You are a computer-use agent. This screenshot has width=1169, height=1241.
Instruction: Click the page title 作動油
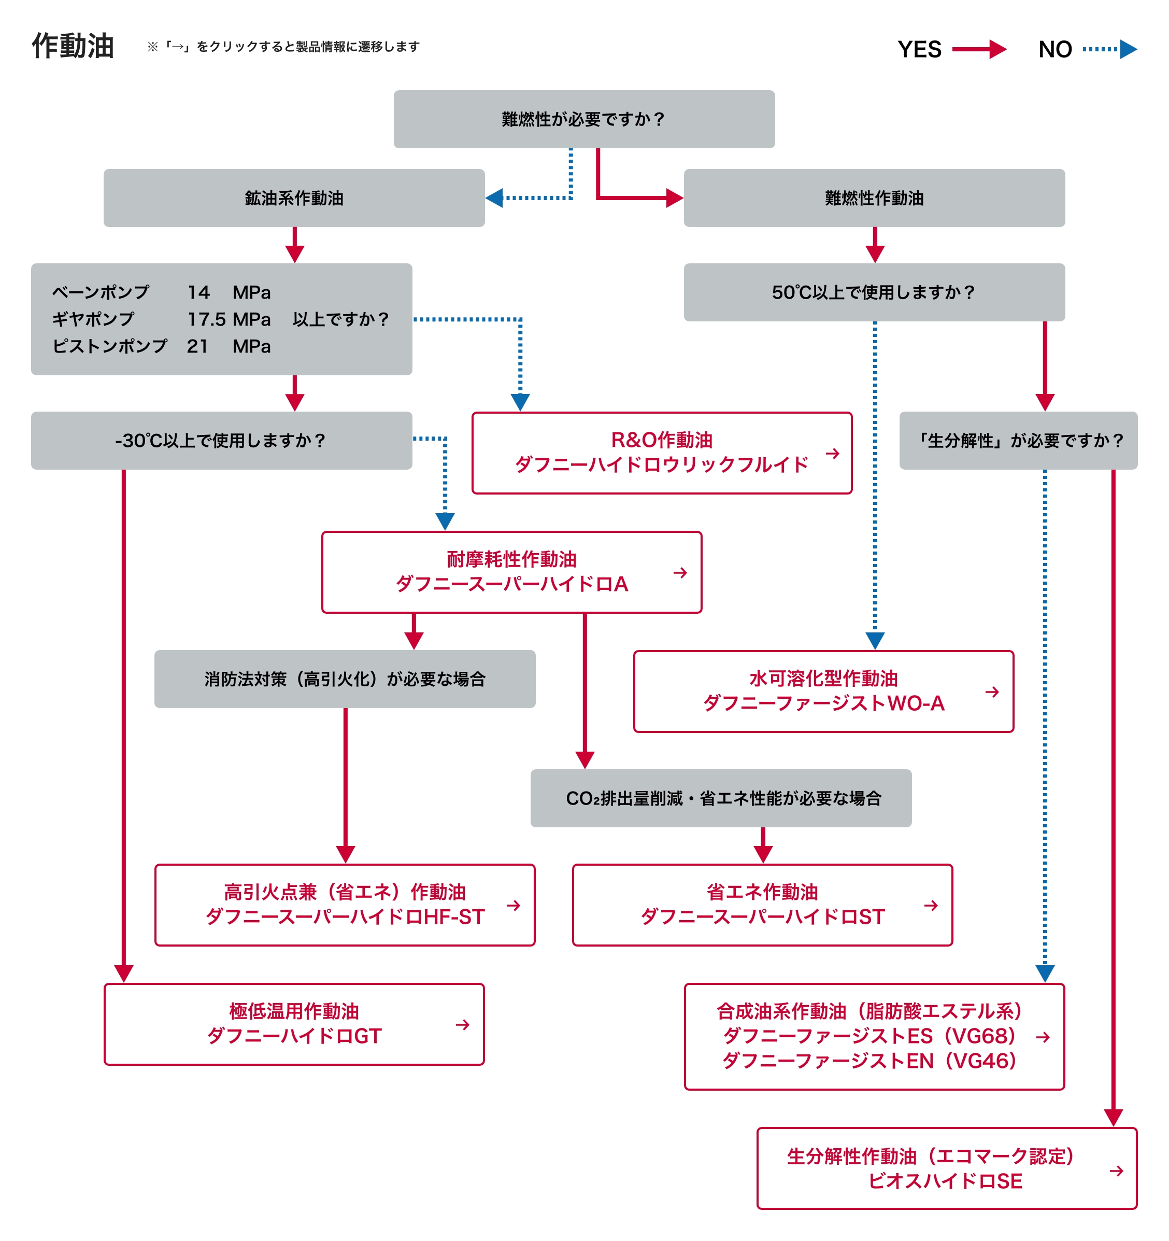(73, 46)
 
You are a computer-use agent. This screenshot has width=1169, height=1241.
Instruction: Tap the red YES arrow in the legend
(979, 49)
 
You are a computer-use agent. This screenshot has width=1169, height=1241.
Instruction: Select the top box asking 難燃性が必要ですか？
(583, 119)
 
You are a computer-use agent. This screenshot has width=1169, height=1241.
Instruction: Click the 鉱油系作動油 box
(294, 198)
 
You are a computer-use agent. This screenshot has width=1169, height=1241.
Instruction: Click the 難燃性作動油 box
(874, 198)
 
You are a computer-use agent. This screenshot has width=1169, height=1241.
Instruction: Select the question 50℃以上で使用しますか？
(874, 292)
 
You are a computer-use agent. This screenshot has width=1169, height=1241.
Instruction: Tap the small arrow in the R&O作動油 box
(832, 453)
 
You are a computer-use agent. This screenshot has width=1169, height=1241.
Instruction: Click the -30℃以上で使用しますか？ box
(221, 441)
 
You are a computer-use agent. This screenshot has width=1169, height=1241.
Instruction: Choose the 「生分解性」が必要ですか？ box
(1018, 441)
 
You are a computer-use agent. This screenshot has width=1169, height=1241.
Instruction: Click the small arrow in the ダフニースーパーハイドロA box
(680, 572)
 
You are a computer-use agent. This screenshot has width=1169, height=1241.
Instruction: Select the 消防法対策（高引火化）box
(345, 679)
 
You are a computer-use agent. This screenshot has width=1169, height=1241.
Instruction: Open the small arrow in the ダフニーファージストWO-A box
(992, 692)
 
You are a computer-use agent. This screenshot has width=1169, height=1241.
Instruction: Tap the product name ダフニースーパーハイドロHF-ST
(345, 917)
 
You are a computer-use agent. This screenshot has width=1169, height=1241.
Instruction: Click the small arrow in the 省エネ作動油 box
(931, 905)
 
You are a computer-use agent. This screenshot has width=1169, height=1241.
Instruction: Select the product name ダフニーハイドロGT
(294, 1036)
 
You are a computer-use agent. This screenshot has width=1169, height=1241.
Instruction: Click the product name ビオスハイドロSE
(945, 1181)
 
